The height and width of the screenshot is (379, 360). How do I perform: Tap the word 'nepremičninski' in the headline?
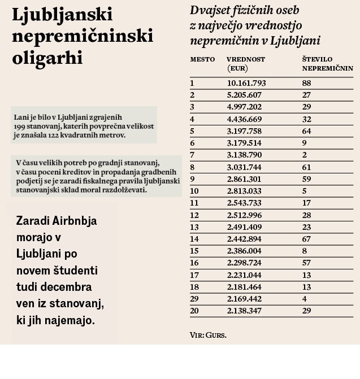83,36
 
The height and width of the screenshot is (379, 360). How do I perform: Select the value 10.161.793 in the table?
246,83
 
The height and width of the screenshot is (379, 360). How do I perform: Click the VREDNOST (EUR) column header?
246,64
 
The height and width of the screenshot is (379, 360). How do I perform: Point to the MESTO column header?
202,59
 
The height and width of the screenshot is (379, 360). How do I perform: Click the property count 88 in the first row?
307,83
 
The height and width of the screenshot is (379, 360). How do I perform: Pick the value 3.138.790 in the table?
246,155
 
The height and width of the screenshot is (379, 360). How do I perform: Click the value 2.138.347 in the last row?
246,311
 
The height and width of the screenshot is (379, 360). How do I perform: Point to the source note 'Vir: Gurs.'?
208,335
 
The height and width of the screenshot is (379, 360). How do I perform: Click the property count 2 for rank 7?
305,155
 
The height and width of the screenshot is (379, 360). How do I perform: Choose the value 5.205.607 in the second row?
246,95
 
